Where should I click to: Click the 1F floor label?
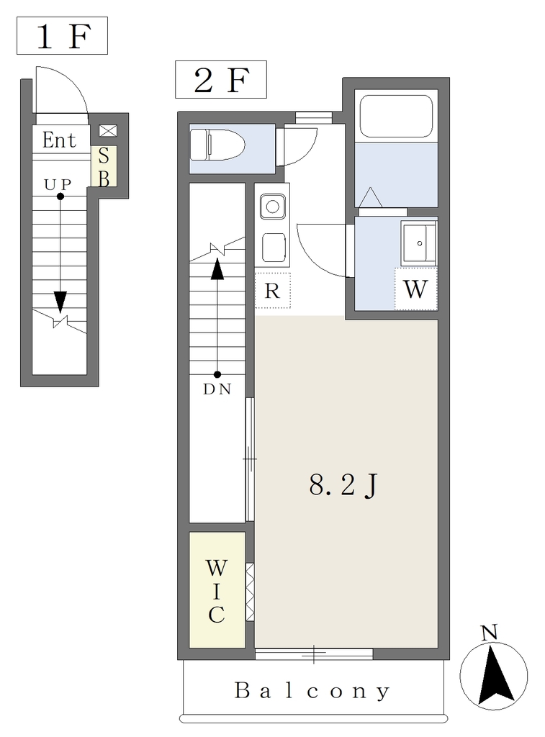pos(62,36)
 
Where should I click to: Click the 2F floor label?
pos(220,79)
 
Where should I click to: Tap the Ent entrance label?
pos(59,140)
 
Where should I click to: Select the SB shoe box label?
pos(104,166)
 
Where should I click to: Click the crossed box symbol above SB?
pos(108,131)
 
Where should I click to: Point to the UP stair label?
pos(58,185)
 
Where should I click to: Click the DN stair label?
pos(217,389)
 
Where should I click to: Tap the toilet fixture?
pos(217,144)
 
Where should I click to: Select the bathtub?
pos(396,116)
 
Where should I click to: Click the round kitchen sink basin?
pos(272,207)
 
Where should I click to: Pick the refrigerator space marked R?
pos(272,291)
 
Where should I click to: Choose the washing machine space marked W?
pos(415,289)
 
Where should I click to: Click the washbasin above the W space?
pos(419,243)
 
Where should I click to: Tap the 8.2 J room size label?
pos(343,485)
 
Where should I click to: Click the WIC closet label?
pos(216,591)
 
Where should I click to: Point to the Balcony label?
pos(312,691)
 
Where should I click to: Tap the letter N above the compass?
pos(490,633)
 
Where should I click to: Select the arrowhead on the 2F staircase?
pos(217,269)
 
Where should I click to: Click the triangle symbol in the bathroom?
pos(371,197)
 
